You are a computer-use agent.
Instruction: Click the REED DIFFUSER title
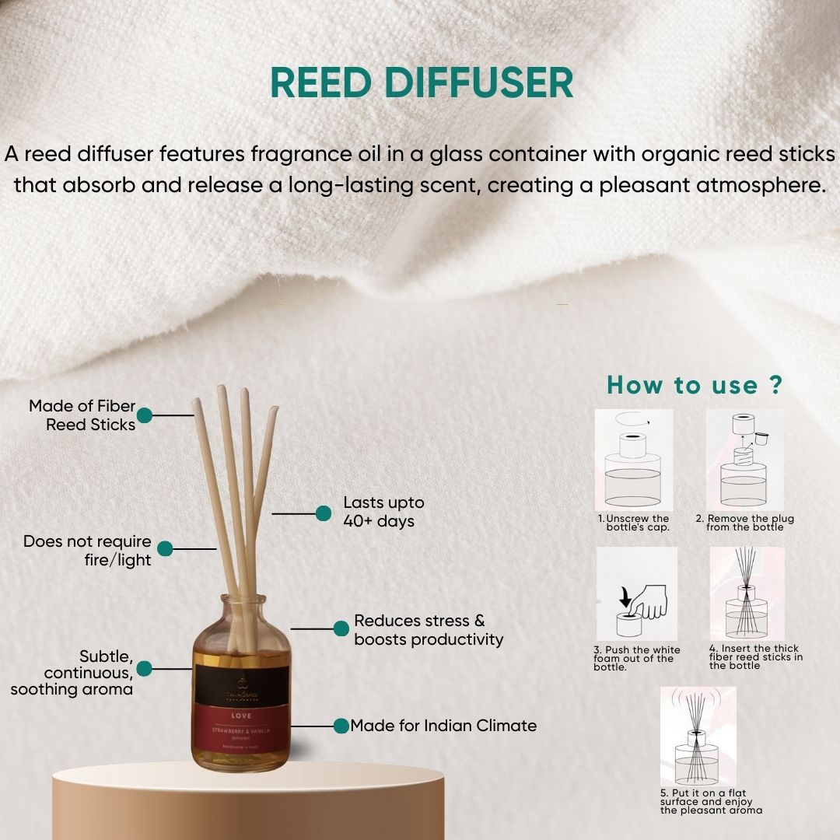[421, 83]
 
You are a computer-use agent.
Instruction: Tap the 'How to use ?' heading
[694, 385]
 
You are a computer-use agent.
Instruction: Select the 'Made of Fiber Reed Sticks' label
[82, 415]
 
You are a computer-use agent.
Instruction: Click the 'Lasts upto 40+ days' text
[384, 512]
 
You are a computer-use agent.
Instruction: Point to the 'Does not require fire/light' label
[87, 551]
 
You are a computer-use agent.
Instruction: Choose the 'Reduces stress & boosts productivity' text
[429, 630]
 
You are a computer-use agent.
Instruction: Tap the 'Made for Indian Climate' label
[443, 726]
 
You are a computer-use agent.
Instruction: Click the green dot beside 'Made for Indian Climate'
[341, 726]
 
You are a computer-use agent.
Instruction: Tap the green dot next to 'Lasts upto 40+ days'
[324, 513]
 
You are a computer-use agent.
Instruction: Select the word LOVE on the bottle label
[240, 714]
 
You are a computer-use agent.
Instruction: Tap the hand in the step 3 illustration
[648, 603]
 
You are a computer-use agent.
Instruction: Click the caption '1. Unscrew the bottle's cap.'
[634, 523]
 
